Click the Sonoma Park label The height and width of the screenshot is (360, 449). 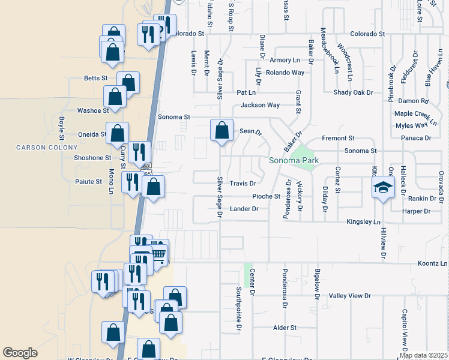pyautogui.click(x=293, y=161)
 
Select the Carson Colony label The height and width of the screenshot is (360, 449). pyautogui.click(x=47, y=148)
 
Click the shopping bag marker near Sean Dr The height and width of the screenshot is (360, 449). pyautogui.click(x=221, y=130)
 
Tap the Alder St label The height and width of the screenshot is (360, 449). pyautogui.click(x=285, y=328)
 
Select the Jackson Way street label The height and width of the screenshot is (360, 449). pyautogui.click(x=260, y=105)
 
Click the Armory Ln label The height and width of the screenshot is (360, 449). pyautogui.click(x=285, y=60)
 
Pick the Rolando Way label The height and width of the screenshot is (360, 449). pyautogui.click(x=285, y=73)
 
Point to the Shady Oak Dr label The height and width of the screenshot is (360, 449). pyautogui.click(x=353, y=92)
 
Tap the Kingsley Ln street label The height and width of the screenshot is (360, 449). pyautogui.click(x=364, y=222)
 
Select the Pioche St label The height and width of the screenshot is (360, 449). pyautogui.click(x=266, y=196)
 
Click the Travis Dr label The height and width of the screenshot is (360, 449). pyautogui.click(x=243, y=184)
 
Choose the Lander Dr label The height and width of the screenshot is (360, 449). pyautogui.click(x=244, y=209)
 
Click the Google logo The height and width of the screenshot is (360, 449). pyautogui.click(x=20, y=353)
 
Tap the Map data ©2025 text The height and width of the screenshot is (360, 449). pyautogui.click(x=423, y=355)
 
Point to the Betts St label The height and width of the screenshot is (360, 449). pyautogui.click(x=95, y=79)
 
